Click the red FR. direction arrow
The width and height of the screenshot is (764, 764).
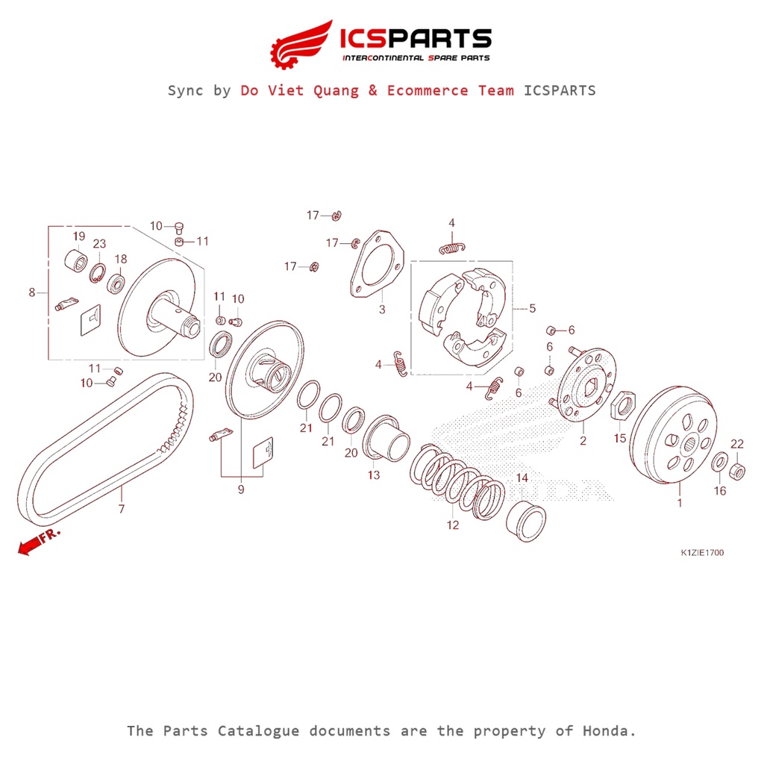(31, 547)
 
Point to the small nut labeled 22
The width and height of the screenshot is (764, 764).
(736, 471)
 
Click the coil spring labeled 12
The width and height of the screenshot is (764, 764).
(457, 478)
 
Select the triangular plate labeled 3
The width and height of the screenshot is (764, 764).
(377, 266)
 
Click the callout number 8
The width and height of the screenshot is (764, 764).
(32, 292)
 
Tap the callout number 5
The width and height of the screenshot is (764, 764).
(532, 308)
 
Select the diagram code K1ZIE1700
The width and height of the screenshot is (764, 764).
(701, 553)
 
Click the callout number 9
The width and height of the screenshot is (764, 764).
(241, 489)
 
